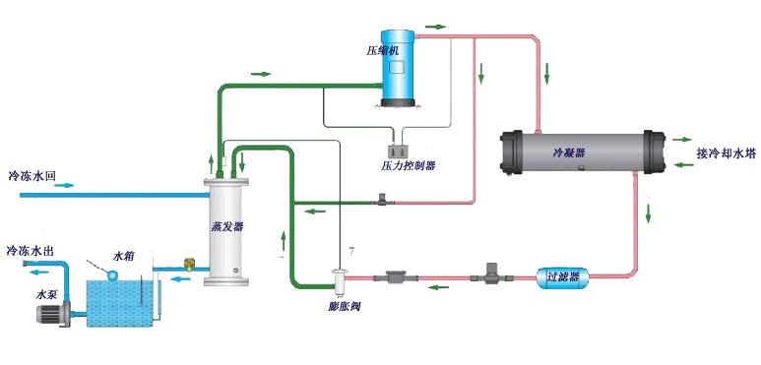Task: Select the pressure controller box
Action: [400, 151]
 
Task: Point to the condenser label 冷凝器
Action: [568, 153]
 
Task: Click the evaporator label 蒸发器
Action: [227, 225]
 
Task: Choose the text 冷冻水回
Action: [31, 177]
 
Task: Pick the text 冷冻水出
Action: [31, 251]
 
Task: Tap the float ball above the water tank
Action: [115, 274]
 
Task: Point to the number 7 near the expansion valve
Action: [340, 253]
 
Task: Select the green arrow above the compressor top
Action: [435, 26]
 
